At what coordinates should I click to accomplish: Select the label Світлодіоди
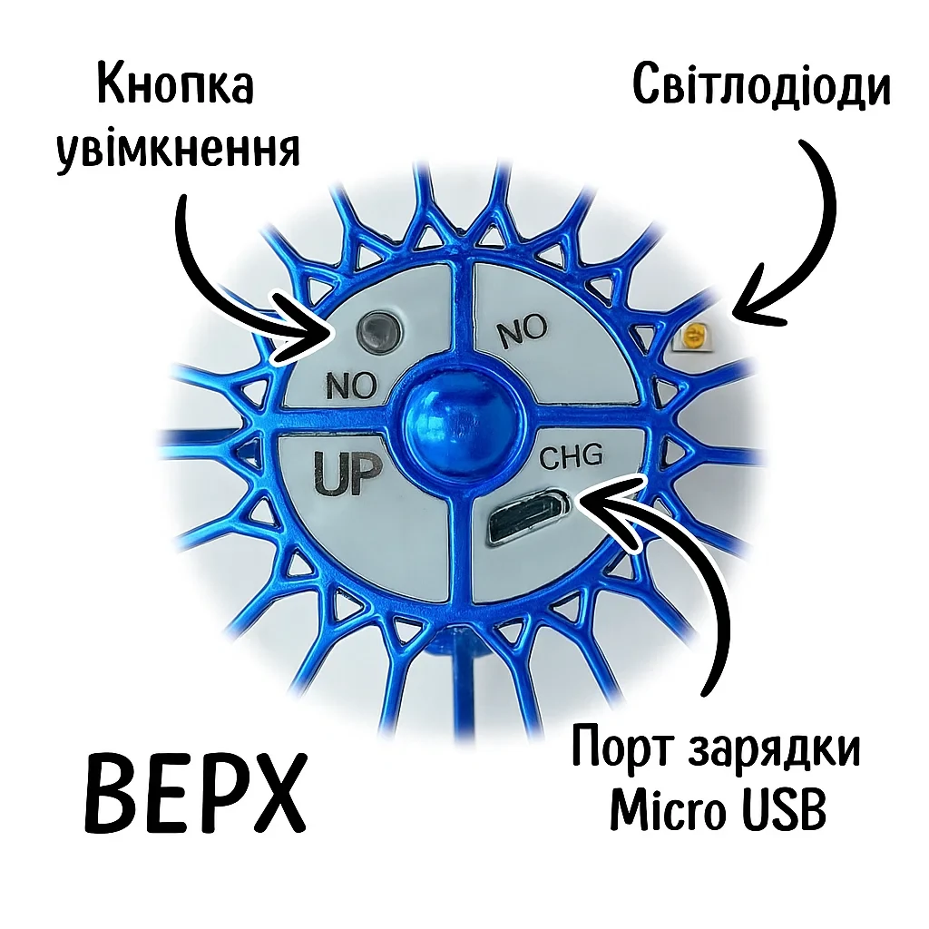[761, 87]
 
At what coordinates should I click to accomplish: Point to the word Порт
[621, 752]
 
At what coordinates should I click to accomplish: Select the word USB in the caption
[784, 810]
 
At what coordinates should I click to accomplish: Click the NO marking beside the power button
[351, 387]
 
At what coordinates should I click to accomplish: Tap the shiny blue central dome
[450, 420]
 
